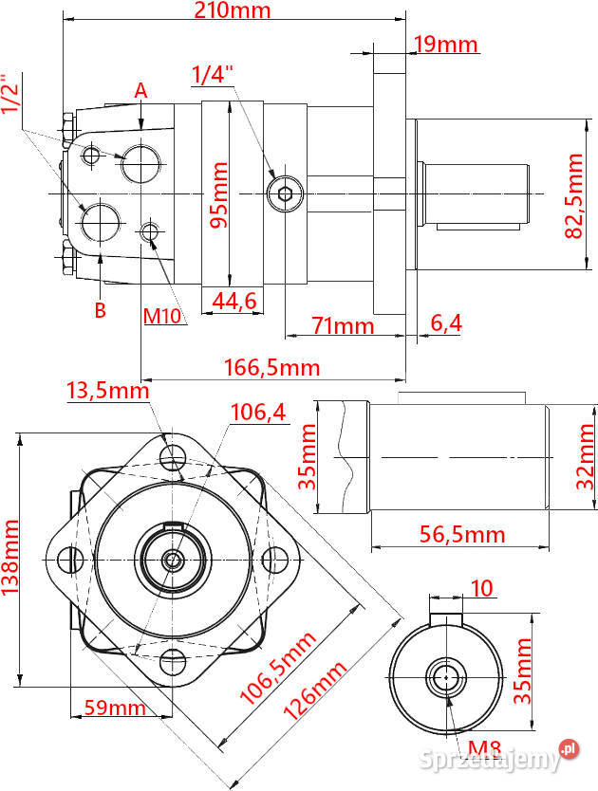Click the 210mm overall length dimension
point(233,10)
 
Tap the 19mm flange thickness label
point(446,45)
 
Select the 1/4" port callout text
point(214,75)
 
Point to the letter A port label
point(140,91)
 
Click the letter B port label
point(101,310)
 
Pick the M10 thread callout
point(162,316)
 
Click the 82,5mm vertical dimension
point(574,195)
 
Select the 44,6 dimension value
point(234,301)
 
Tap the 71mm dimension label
point(343,325)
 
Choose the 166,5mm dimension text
point(271,367)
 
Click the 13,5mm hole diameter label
point(108,391)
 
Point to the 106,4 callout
point(258,413)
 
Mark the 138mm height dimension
point(9,558)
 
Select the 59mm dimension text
point(115,708)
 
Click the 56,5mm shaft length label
point(462,535)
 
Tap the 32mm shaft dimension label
point(586,456)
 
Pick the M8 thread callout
point(484,748)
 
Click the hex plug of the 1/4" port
point(286,193)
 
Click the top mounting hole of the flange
point(173,457)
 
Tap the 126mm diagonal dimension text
point(315,691)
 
